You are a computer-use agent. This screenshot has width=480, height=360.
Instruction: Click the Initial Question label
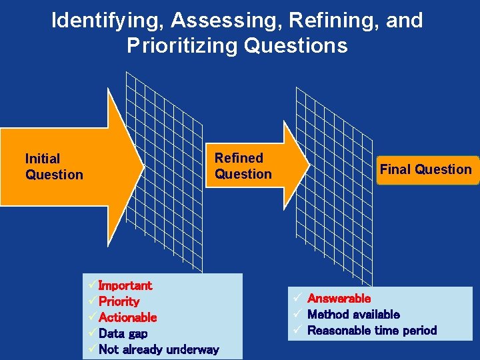coord(54,167)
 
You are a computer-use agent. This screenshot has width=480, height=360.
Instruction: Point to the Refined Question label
coord(243,166)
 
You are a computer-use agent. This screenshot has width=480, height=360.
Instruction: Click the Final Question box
coord(425,169)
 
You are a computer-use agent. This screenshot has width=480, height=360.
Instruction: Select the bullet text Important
coord(125,285)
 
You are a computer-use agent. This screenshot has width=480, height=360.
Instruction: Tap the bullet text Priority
coord(119,301)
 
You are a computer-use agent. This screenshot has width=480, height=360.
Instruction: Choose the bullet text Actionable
coord(127,317)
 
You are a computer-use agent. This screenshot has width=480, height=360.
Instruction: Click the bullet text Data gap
coord(123,333)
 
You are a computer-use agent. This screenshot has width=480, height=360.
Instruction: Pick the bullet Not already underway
coord(159,349)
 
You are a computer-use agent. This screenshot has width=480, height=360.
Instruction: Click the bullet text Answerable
coord(339,299)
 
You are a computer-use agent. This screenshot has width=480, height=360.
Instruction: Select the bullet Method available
coord(353,314)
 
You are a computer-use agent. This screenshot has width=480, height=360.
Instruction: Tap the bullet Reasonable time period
coord(372,330)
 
